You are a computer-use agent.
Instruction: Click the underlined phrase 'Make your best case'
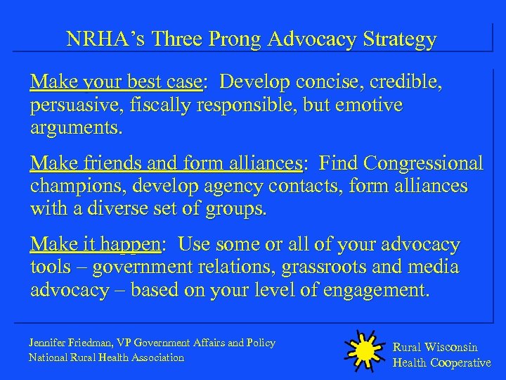point(115,83)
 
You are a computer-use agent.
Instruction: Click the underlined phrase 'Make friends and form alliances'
point(165,164)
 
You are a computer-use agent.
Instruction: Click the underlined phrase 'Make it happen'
point(95,245)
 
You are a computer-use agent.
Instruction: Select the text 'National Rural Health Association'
point(106,357)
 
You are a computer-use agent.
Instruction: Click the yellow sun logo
point(365,350)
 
